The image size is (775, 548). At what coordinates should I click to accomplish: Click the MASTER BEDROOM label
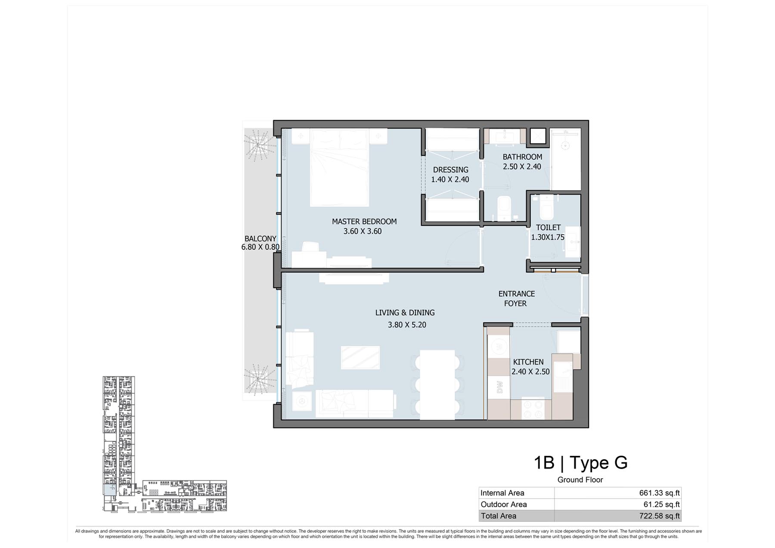(x=364, y=222)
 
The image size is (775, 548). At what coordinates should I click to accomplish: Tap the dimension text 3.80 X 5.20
(x=407, y=325)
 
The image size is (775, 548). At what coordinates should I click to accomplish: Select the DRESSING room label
(x=450, y=170)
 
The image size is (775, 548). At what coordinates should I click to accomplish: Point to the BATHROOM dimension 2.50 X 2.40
(x=522, y=167)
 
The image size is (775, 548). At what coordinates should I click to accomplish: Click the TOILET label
(x=548, y=228)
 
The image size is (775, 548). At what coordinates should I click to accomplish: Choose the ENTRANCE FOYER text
(x=516, y=299)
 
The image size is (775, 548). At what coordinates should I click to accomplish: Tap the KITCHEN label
(x=528, y=362)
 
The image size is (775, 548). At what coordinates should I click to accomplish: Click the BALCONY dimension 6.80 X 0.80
(x=260, y=247)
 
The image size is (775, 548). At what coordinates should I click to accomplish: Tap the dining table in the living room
(x=437, y=385)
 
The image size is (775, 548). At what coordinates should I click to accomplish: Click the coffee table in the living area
(x=360, y=358)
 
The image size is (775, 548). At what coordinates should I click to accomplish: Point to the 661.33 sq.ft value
(x=659, y=493)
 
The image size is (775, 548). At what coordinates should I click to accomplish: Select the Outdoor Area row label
(x=504, y=505)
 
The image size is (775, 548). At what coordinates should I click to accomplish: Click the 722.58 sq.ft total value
(x=659, y=516)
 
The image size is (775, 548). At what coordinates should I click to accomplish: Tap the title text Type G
(x=598, y=463)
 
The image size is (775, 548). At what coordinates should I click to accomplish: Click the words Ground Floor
(x=580, y=480)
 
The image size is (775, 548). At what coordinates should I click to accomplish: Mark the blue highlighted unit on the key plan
(x=109, y=489)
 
